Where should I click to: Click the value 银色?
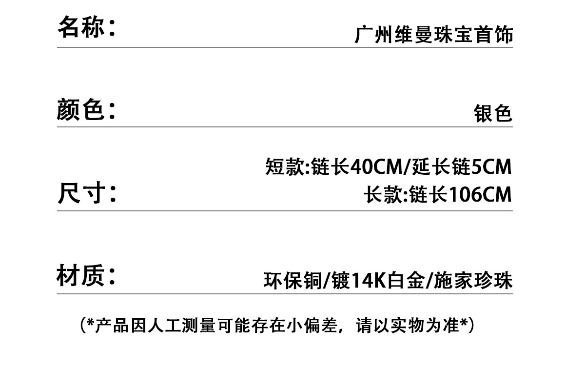tap(493, 114)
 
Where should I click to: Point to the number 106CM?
tap(479, 195)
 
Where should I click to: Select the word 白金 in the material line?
tap(406, 281)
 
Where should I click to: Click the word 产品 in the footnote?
tap(111, 326)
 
